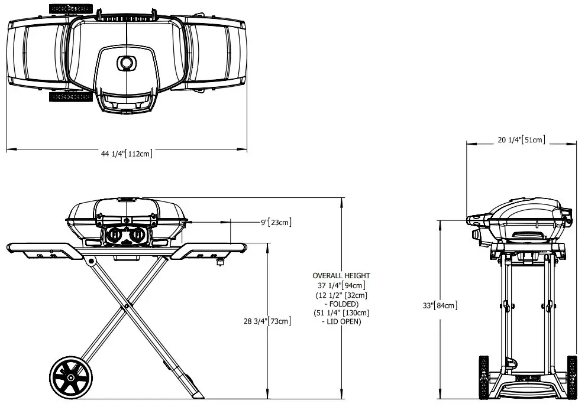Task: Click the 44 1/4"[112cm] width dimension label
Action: (127, 154)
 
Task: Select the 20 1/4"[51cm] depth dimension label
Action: (521, 140)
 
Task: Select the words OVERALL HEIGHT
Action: (341, 276)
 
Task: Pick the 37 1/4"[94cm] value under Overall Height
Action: (341, 285)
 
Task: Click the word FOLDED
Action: (343, 304)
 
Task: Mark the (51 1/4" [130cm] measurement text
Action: (341, 313)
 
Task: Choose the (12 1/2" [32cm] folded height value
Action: (341, 295)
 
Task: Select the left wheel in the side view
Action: (483, 378)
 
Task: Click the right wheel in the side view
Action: (571, 378)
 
